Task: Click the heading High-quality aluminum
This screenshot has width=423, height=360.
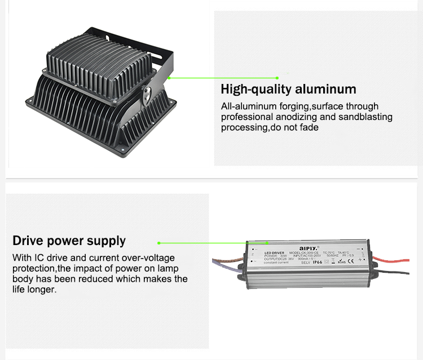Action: coord(288,89)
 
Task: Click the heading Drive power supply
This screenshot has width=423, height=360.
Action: coord(69,241)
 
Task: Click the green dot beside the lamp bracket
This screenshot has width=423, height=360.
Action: coord(168,78)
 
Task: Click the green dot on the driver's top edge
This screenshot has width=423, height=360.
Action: coord(159,243)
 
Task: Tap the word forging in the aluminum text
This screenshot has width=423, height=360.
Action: coord(293,106)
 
